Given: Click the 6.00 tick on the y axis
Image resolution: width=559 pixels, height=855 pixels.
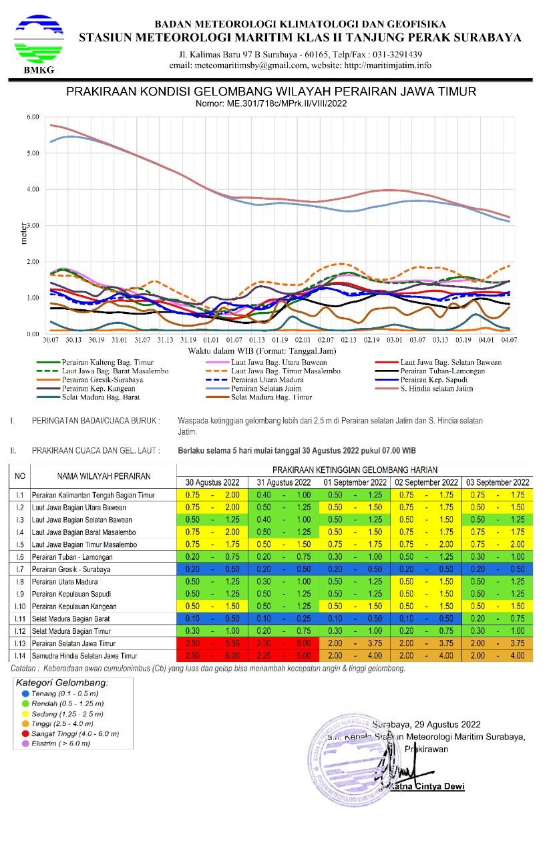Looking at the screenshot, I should click(32, 117).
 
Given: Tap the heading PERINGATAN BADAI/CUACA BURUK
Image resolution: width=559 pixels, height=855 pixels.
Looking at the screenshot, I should click(96, 421).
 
